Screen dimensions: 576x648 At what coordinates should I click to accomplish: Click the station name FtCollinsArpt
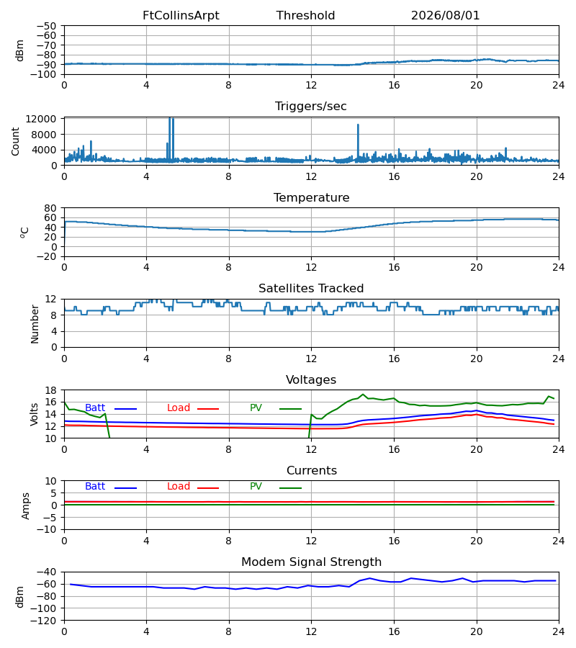[x=181, y=16]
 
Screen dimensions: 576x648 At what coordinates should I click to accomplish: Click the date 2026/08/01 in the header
[x=445, y=16]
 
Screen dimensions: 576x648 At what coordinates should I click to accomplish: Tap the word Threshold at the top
[x=305, y=16]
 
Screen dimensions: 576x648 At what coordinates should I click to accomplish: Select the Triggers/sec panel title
[x=311, y=107]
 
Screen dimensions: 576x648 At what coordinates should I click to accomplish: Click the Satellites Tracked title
[x=311, y=289]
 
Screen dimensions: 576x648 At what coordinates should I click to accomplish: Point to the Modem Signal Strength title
[x=311, y=562]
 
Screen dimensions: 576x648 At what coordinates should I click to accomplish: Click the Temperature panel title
[x=311, y=197]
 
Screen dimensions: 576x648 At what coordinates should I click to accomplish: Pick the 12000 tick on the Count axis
[x=41, y=119]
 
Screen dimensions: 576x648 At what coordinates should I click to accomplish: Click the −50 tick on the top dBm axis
[x=46, y=26]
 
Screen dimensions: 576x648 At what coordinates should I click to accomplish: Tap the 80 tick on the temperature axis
[x=50, y=208]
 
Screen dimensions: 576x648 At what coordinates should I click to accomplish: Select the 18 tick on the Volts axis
[x=50, y=390]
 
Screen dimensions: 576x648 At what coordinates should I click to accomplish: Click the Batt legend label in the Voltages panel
[x=95, y=408]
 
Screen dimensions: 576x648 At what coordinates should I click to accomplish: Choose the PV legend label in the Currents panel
[x=256, y=487]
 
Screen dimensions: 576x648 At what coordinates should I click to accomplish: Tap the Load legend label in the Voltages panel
[x=179, y=408]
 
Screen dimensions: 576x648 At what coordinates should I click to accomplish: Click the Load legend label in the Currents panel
[x=179, y=487]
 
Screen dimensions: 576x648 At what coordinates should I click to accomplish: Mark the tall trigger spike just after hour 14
[x=358, y=140]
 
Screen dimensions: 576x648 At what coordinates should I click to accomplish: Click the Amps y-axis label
[x=26, y=506]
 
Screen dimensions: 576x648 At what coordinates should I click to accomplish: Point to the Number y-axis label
[x=35, y=324]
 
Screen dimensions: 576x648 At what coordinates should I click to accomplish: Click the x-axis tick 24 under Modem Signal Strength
[x=559, y=631]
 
